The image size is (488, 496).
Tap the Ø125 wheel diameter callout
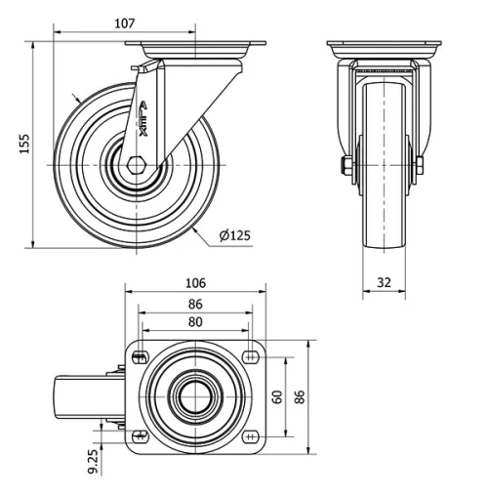[235, 234]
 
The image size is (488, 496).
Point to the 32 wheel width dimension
[384, 282]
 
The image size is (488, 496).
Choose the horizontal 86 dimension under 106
[195, 304]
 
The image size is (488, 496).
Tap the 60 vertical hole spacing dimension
[278, 397]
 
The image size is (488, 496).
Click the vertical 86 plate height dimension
[302, 397]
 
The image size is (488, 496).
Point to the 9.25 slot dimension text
[94, 461]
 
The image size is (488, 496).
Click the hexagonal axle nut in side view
[133, 165]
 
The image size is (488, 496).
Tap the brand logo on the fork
[143, 123]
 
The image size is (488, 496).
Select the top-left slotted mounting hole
[142, 356]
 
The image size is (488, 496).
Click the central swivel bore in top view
[195, 396]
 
